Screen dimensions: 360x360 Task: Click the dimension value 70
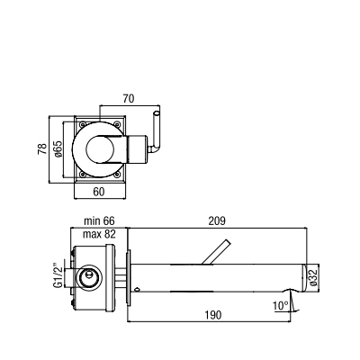point(129,98)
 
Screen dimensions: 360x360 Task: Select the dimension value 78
point(42,148)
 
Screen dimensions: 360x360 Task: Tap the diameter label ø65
point(58,148)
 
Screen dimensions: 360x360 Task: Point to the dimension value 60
point(99,192)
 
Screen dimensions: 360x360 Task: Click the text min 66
point(99,221)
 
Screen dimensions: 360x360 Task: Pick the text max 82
point(99,234)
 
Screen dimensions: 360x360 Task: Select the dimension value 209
point(217,221)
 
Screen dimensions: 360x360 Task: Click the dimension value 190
point(213,315)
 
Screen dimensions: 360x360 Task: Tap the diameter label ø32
point(314,277)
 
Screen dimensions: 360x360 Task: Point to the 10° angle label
point(281,306)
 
